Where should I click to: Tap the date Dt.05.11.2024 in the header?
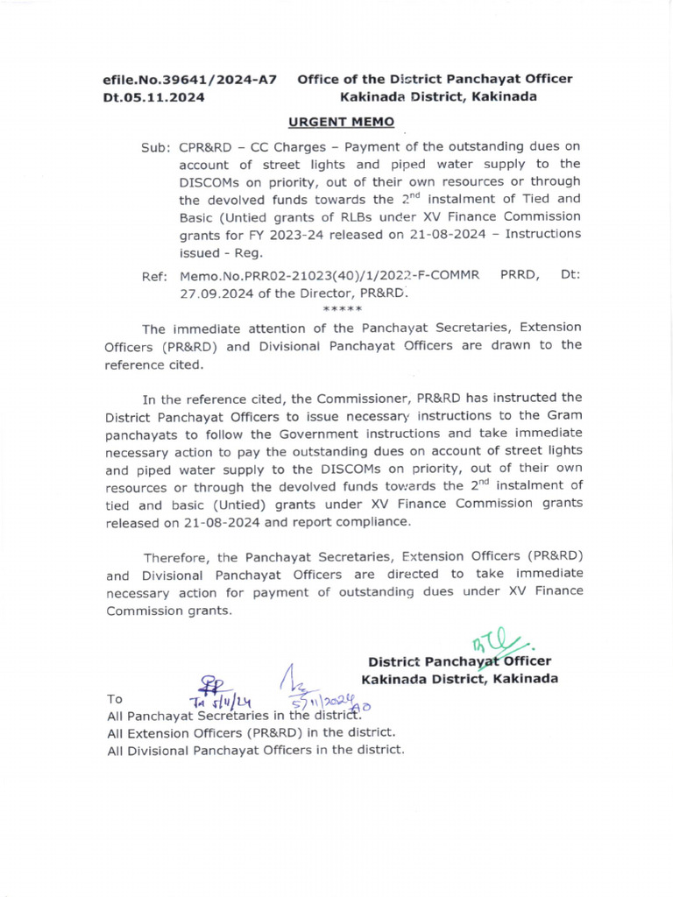pos(153,97)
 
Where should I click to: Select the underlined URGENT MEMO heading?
pos(342,122)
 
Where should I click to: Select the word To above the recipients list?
pos(114,699)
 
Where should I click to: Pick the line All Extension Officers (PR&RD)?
pos(250,732)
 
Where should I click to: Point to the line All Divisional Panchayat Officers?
pos(254,750)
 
